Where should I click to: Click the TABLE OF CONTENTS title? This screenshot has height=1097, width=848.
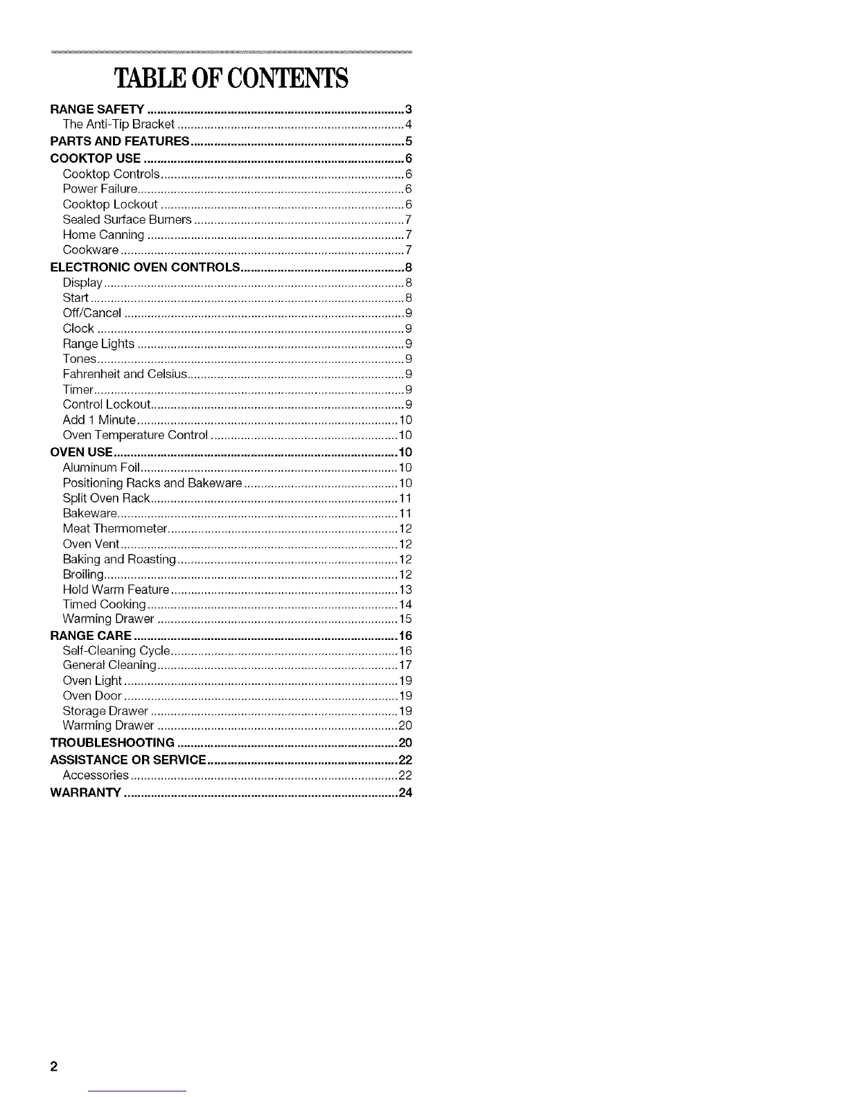[231, 78]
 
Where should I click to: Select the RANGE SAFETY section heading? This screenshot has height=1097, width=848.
[97, 109]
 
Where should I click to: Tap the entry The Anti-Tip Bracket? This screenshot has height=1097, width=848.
[118, 125]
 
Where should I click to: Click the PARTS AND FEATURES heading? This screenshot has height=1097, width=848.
[121, 141]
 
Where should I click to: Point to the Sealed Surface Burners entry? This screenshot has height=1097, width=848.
[127, 220]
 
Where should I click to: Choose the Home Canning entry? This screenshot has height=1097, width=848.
[103, 235]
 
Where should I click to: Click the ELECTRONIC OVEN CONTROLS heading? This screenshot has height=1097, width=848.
[145, 267]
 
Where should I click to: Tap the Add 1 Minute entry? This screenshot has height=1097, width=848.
[99, 420]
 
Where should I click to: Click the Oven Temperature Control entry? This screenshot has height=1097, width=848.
[135, 436]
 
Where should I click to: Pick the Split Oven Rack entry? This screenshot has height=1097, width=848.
[106, 499]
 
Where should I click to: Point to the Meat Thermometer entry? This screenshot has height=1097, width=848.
[115, 529]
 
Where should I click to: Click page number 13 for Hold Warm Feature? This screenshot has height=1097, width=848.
[406, 590]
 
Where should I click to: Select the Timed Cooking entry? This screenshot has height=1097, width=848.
[104, 605]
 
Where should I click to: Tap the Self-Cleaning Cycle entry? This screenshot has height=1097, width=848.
[116, 651]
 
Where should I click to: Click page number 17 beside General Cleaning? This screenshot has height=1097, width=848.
[406, 666]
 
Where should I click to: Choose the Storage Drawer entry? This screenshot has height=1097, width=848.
[105, 711]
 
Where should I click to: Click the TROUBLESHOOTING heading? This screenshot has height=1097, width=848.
[112, 743]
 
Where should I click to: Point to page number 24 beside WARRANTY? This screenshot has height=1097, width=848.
[405, 793]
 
